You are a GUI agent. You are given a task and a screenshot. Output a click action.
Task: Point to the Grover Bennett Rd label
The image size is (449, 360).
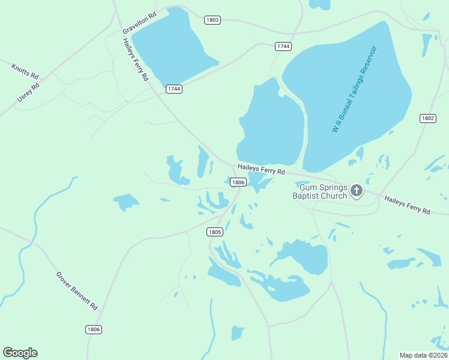pos(77,291)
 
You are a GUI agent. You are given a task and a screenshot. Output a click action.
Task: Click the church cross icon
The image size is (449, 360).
pos(357,191)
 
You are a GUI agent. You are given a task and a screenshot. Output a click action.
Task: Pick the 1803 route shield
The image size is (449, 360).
pos(212,20)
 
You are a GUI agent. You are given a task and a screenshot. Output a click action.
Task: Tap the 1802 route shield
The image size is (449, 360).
pos(427,118)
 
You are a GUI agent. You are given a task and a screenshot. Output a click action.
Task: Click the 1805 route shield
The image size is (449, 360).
pos(215,232)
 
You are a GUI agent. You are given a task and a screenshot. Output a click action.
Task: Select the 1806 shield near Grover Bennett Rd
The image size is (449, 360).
pos(93,329)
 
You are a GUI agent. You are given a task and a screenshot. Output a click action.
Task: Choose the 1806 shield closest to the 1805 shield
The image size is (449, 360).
pos(238,182)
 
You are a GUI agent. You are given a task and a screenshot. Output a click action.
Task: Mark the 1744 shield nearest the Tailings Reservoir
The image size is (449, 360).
pos(283,46)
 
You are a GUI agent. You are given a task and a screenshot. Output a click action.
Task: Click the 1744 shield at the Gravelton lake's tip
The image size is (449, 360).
pos(174,89)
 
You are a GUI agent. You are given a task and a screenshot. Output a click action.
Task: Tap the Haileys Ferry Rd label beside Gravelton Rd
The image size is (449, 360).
pos(136,59)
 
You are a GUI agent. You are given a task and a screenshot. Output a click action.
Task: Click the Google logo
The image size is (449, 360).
pos(20,353)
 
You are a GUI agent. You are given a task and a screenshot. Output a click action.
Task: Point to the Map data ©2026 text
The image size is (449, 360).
pos(423,355)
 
